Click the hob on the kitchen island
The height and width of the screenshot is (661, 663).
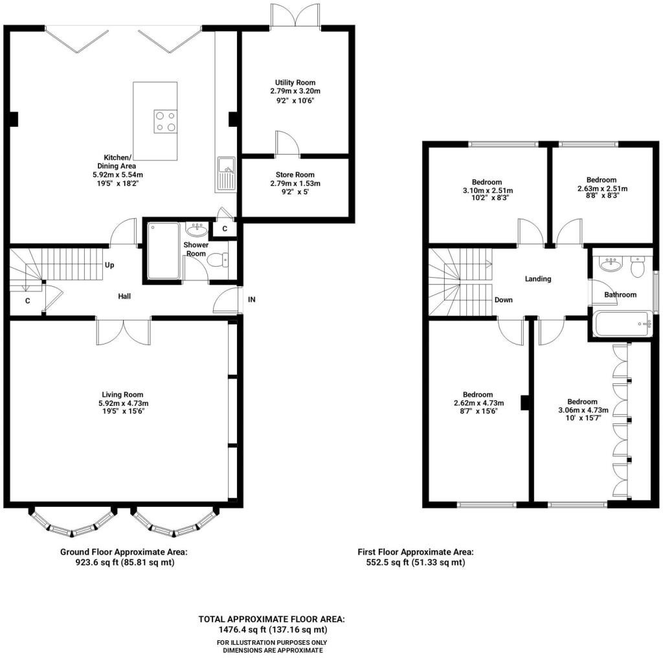tap(165, 121)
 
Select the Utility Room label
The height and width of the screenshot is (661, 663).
tap(295, 82)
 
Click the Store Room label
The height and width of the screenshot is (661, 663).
tap(295, 175)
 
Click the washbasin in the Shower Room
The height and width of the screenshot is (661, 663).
tap(197, 230)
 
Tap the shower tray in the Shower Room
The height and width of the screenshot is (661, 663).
tap(164, 251)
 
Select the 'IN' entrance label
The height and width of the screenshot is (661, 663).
tap(252, 299)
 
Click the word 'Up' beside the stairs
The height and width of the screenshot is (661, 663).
tap(109, 265)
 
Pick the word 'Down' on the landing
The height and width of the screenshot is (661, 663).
tap(504, 300)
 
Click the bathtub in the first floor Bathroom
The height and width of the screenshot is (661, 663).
tap(623, 324)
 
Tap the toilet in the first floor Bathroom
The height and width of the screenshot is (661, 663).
tap(636, 266)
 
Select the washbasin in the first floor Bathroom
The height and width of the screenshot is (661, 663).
tap(611, 264)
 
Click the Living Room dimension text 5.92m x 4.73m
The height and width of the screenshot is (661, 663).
tap(124, 403)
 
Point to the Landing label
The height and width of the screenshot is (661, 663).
tap(538, 278)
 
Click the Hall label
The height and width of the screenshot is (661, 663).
tap(124, 297)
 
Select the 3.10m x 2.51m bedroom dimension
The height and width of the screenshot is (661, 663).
tap(488, 190)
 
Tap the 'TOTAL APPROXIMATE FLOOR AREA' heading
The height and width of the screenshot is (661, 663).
tap(272, 619)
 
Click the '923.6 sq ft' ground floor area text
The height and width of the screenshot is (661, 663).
tap(98, 563)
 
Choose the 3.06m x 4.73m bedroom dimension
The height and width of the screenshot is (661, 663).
tap(583, 410)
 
